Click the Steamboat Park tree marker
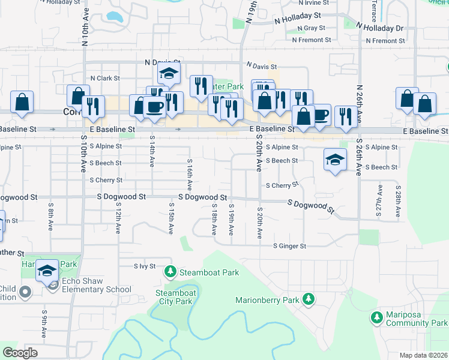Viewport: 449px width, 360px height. tap(170, 272)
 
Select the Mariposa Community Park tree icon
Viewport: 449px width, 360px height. tap(377, 316)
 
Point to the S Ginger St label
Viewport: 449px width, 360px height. tap(289, 246)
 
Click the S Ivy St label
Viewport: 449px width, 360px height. tap(145, 266)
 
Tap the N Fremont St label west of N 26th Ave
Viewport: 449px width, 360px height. tap(312, 40)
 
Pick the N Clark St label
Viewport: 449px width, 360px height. tap(105, 78)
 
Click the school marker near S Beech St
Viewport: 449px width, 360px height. tap(335, 159)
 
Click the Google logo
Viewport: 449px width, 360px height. tap(20, 353)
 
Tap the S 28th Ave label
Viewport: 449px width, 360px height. tap(397, 201)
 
